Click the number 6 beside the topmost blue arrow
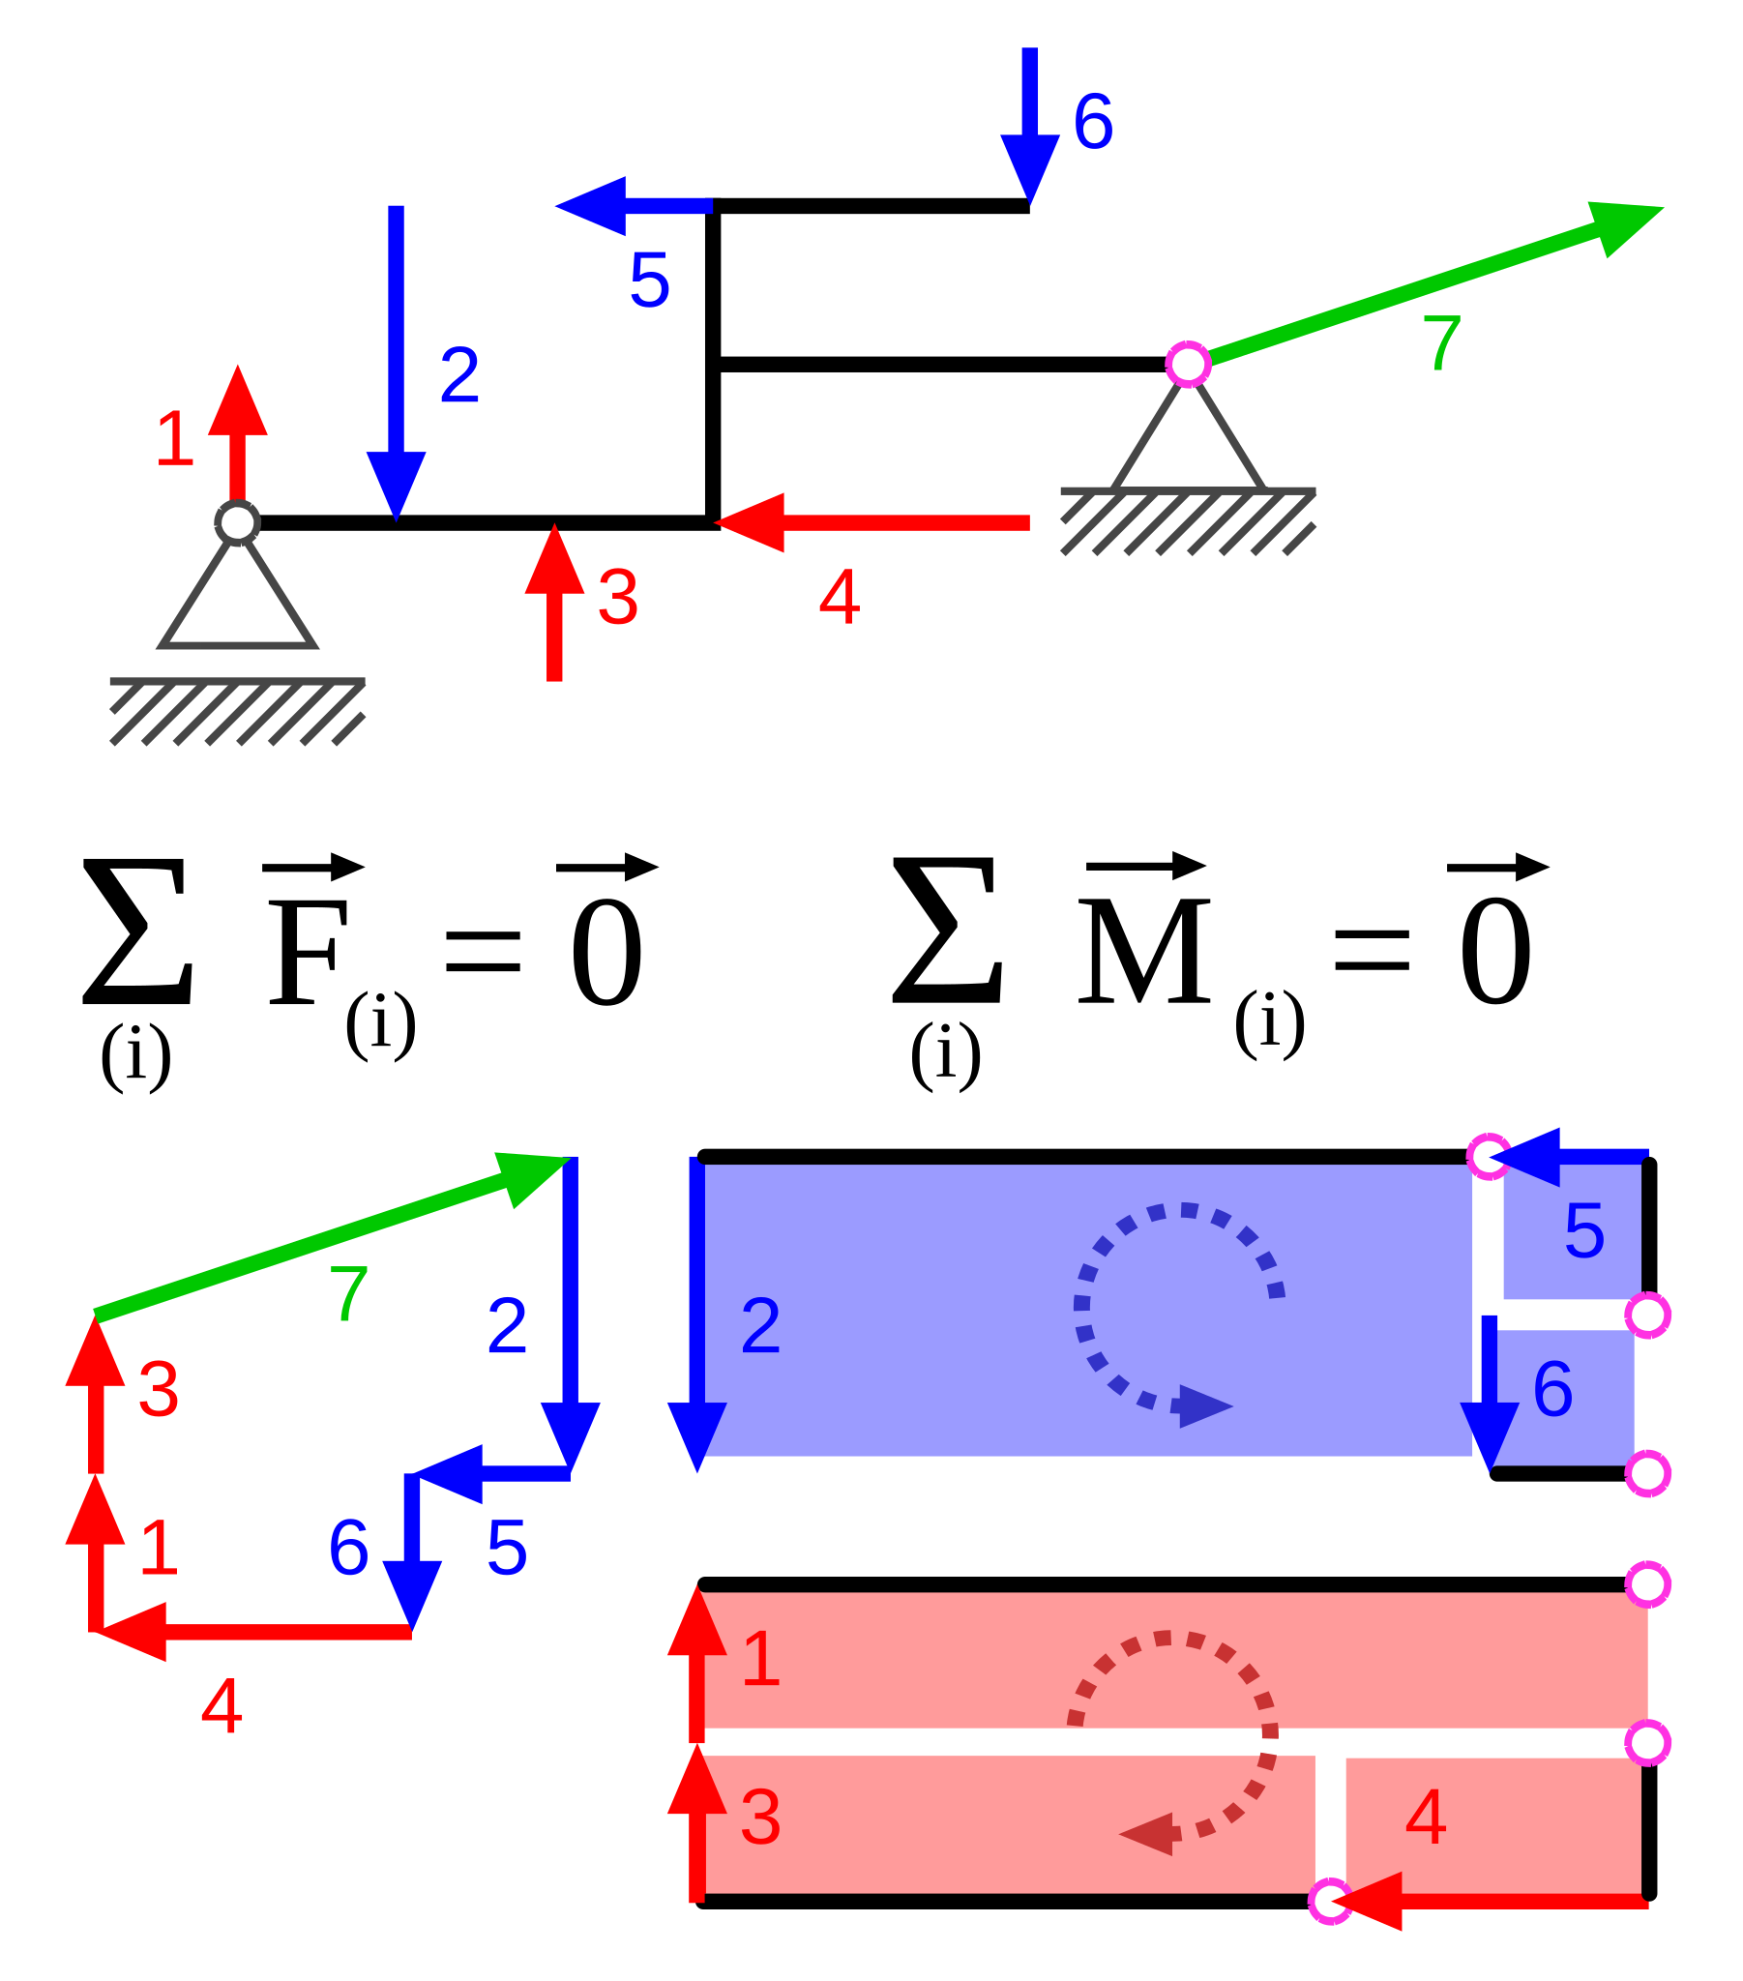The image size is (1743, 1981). click(1093, 122)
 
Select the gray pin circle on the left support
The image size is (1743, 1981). click(238, 523)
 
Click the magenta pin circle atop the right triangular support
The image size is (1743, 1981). click(1188, 365)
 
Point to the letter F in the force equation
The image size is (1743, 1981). click(308, 952)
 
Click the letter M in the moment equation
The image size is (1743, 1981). click(1144, 952)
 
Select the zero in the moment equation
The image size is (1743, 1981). click(1494, 952)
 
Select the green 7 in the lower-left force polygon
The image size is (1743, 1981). click(348, 1294)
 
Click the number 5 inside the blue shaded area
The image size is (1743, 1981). click(1584, 1231)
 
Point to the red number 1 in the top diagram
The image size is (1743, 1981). click(174, 440)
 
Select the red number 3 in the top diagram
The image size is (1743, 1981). click(617, 598)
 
